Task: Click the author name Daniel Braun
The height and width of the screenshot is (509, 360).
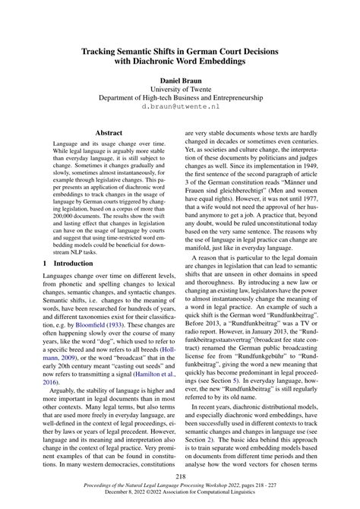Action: click(180, 80)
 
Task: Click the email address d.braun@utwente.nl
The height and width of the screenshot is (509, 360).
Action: click(180, 109)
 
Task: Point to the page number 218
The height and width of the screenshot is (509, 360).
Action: click(180, 476)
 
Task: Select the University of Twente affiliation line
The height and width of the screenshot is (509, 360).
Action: click(180, 90)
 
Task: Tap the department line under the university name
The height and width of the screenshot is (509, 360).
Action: click(180, 99)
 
